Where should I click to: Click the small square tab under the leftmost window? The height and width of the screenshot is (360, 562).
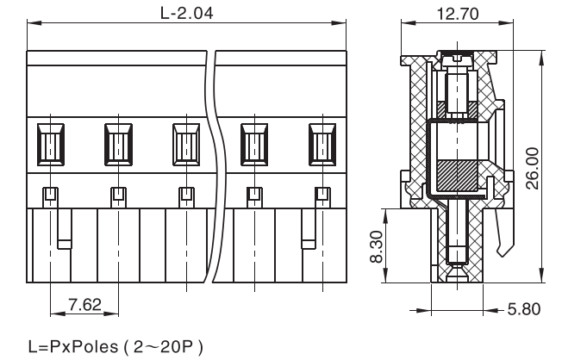point(49,194)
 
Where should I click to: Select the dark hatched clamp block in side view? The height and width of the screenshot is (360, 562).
point(457,176)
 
